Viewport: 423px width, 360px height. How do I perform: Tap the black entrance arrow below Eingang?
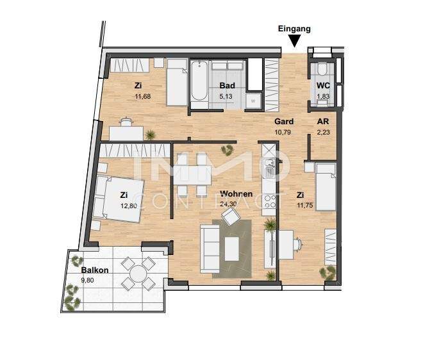tap(294, 42)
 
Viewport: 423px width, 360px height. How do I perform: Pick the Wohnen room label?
tap(236, 194)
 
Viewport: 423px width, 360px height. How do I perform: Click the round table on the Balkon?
tap(139, 274)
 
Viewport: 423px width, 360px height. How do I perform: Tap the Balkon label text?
tap(94, 270)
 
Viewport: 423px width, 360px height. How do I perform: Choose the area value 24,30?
tap(230, 205)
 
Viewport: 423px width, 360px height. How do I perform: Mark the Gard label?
tap(284, 122)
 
